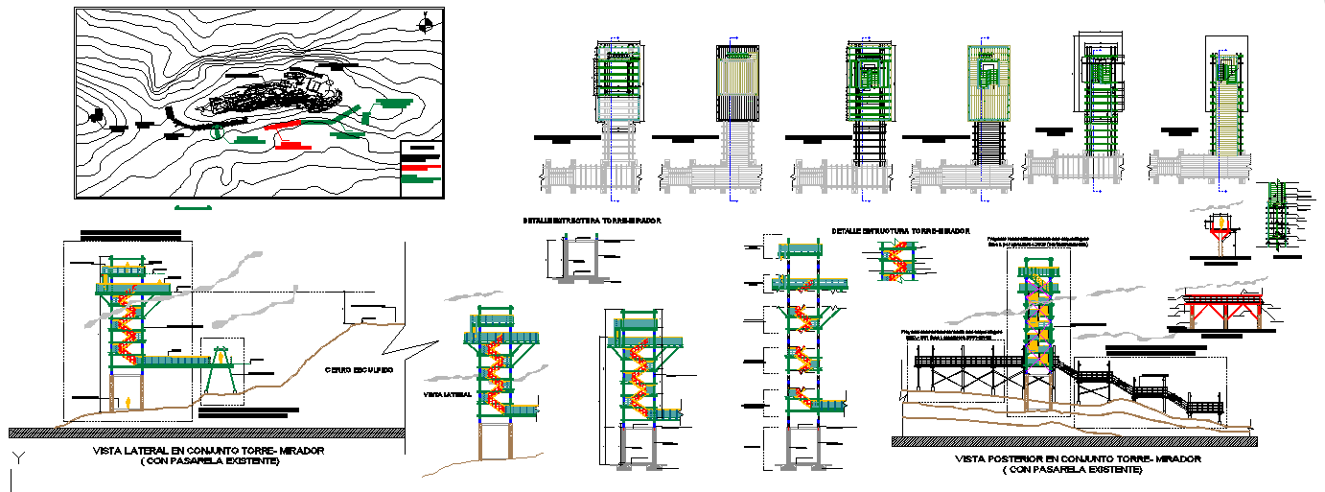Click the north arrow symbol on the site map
coord(427,25)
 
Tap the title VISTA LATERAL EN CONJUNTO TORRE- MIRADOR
coord(209,450)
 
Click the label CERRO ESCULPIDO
coord(357,369)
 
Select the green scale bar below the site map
coord(192,206)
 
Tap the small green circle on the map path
coord(216,132)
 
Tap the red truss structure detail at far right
coord(1224,309)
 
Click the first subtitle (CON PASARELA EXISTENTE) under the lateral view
coord(209,461)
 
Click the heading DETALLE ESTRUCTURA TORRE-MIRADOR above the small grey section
coord(592,221)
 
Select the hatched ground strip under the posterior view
coord(1074,441)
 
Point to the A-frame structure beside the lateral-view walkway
coord(222,369)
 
